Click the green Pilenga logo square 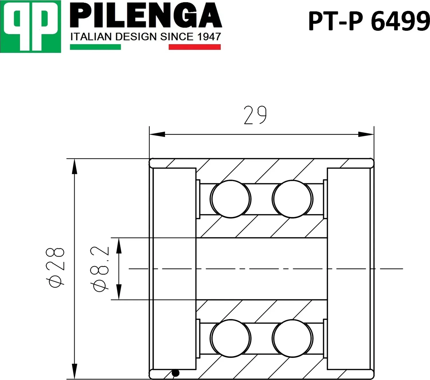pos(30,26)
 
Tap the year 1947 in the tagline pos(209,37)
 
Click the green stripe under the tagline pos(95,47)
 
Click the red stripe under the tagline pos(194,47)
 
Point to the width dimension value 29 pos(255,115)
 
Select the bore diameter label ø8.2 pos(100,269)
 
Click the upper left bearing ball pos(230,199)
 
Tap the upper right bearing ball pos(292,199)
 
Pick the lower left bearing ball pos(230,338)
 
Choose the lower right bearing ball pos(292,338)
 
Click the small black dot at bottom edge pos(175,373)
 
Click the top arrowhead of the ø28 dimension pos(75,166)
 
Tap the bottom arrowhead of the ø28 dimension pos(75,371)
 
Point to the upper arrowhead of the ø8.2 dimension pos(119,246)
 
